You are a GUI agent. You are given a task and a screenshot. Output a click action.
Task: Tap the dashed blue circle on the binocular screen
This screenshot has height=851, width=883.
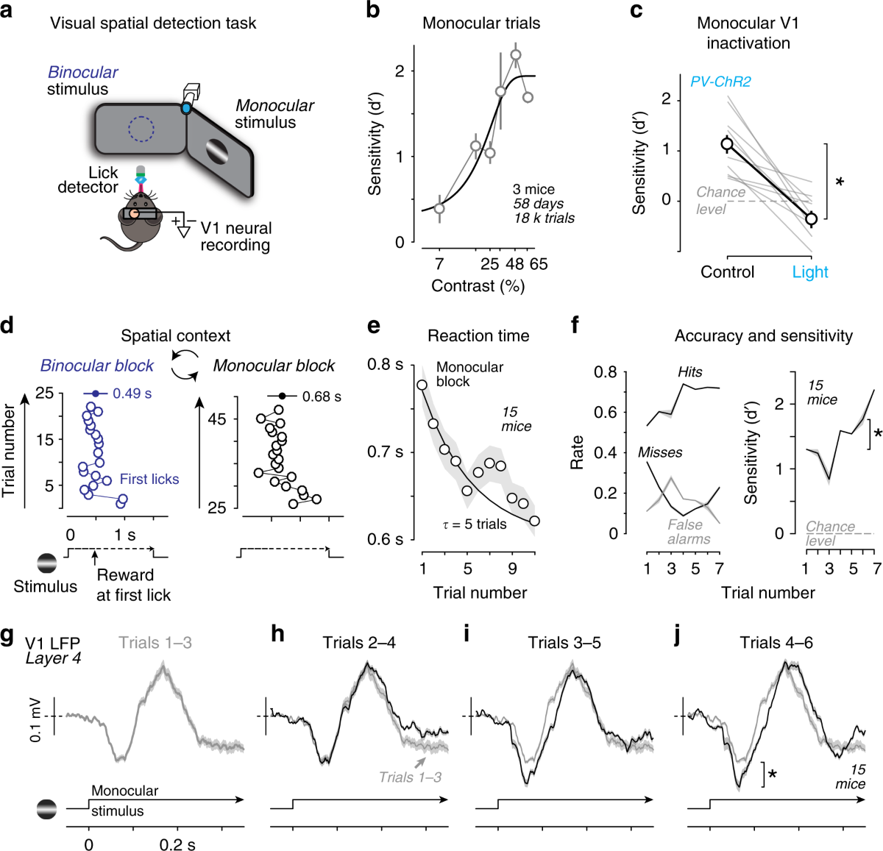(x=141, y=129)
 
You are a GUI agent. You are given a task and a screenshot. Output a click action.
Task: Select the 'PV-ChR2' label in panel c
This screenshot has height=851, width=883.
(x=720, y=82)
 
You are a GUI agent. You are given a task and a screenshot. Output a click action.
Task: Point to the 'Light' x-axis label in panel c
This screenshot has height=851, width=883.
(x=810, y=272)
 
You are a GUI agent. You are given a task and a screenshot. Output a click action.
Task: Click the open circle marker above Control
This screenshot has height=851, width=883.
(x=727, y=144)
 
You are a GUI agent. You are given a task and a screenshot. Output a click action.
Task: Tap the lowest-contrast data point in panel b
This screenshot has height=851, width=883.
(x=439, y=208)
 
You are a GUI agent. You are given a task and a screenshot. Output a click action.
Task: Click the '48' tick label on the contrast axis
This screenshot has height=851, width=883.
(x=515, y=264)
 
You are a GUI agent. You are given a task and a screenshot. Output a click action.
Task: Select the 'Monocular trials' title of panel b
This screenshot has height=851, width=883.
(x=481, y=23)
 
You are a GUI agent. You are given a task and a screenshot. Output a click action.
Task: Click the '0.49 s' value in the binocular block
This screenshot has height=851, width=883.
(x=132, y=394)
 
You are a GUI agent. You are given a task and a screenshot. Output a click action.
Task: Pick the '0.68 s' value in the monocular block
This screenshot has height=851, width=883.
(x=322, y=396)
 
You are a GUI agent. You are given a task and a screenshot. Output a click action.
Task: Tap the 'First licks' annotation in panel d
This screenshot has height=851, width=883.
(x=149, y=479)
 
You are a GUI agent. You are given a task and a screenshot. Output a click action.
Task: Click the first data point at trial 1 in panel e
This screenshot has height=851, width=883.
(x=422, y=385)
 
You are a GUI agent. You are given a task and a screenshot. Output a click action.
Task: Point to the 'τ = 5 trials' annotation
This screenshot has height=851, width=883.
(x=474, y=524)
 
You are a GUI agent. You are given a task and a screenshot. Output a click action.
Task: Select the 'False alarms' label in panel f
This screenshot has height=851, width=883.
(x=689, y=532)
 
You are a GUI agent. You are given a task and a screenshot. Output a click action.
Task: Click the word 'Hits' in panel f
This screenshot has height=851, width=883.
(x=689, y=372)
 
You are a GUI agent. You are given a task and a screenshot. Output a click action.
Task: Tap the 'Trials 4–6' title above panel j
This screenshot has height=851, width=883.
(x=776, y=643)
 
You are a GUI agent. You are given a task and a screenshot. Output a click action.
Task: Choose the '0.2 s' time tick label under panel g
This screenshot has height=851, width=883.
(x=177, y=844)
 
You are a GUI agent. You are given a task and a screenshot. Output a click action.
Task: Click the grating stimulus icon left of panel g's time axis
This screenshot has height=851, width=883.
(x=47, y=809)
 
